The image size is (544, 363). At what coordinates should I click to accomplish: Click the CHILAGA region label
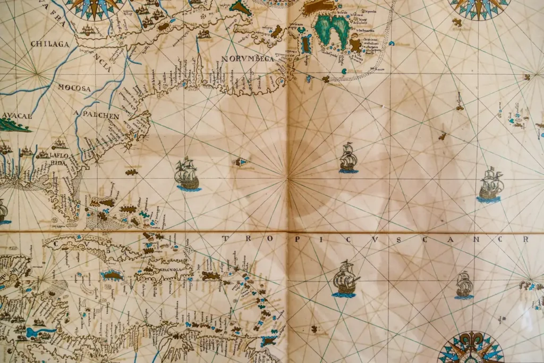pyautogui.click(x=50, y=44)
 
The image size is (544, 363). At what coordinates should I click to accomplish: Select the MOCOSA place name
pyautogui.click(x=74, y=87)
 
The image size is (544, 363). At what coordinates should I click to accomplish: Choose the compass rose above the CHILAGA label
pyautogui.click(x=94, y=8)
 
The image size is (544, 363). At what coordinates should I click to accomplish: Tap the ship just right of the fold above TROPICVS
pyautogui.click(x=348, y=158)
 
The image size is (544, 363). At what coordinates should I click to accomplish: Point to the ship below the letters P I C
pyautogui.click(x=345, y=279)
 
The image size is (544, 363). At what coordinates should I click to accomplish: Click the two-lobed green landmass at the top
pyautogui.click(x=331, y=29)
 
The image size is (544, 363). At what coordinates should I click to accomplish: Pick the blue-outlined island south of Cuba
pyautogui.click(x=112, y=275)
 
